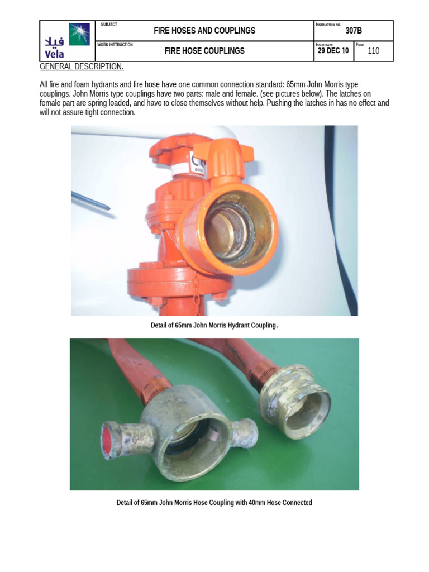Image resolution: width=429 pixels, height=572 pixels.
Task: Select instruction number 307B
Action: click(354, 31)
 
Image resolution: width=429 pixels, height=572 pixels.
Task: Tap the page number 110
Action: click(373, 51)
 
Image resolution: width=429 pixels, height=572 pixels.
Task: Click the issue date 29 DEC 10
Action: click(333, 51)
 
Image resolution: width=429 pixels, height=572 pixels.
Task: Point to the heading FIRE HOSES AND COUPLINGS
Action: click(204, 31)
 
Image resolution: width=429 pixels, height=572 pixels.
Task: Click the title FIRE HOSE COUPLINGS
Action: click(204, 51)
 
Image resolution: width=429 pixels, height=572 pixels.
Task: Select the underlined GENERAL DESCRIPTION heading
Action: click(82, 67)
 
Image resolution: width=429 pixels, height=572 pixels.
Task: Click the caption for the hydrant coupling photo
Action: click(214, 325)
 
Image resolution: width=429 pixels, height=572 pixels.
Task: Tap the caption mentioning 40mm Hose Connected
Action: click(214, 503)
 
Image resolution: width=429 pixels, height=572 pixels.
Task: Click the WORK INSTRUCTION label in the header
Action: click(115, 45)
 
